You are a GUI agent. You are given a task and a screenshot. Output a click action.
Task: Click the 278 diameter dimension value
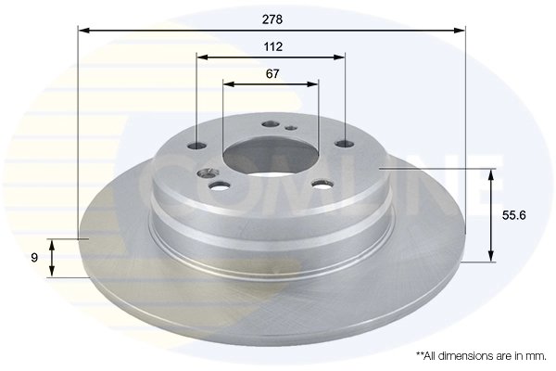(x=272, y=18)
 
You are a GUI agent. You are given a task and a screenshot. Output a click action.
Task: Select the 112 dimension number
(x=272, y=45)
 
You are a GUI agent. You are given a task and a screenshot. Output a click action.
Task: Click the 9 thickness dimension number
(x=34, y=257)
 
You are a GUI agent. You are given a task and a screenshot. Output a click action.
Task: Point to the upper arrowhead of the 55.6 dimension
(x=491, y=173)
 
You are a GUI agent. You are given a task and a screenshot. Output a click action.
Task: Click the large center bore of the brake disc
(x=272, y=155)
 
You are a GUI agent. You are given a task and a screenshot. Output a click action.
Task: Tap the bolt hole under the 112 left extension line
(x=198, y=145)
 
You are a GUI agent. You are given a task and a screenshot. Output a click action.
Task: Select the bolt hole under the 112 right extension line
(x=345, y=143)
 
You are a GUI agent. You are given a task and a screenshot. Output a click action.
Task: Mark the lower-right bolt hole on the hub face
(x=322, y=183)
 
